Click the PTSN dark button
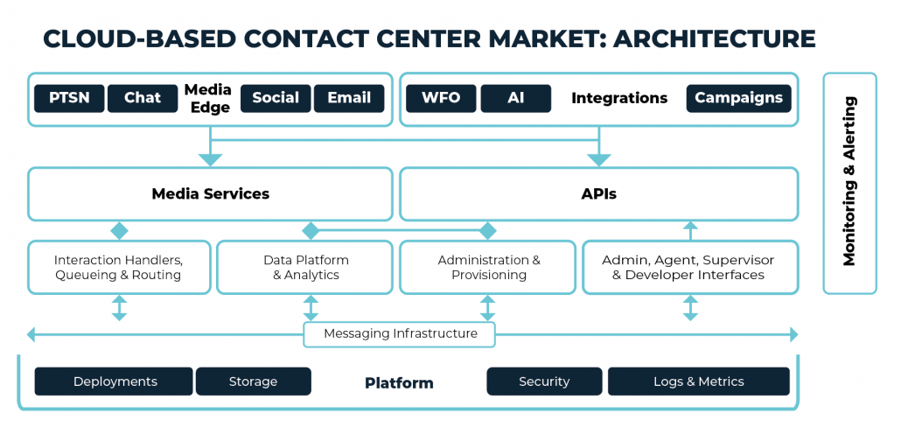coord(69,98)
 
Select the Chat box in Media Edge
coord(143,98)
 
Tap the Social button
coord(276,98)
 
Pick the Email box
coord(349,98)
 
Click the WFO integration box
coord(441,98)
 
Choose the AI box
coord(516,98)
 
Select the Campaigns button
coord(739,98)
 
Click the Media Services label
coord(210,193)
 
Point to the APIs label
coord(598,193)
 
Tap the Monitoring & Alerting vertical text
coord(849,181)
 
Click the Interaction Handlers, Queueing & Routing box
coord(119,267)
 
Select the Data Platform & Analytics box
coord(305,267)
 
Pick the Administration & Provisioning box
coord(488,267)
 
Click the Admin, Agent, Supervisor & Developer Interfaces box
coord(691,267)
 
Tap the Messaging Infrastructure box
coord(400,334)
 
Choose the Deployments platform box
coord(114,381)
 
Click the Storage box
coord(254,381)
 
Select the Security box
coord(544,381)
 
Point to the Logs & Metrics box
coord(699,381)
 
